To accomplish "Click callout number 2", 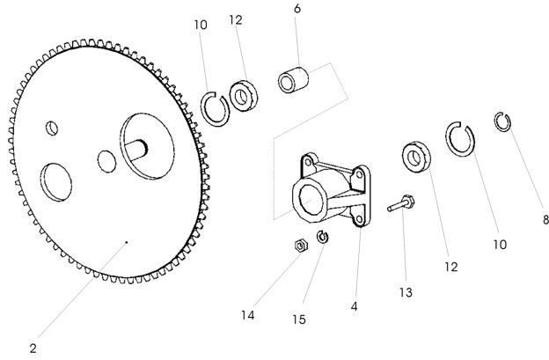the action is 33,349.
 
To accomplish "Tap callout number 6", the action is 297,9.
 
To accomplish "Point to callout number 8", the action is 545,219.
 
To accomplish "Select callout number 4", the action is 354,306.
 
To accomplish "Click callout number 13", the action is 406,292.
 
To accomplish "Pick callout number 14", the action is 247,315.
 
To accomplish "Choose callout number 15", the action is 299,320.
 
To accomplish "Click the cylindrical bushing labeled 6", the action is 293,80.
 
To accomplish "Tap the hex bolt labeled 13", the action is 401,203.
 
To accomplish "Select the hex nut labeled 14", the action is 301,246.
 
